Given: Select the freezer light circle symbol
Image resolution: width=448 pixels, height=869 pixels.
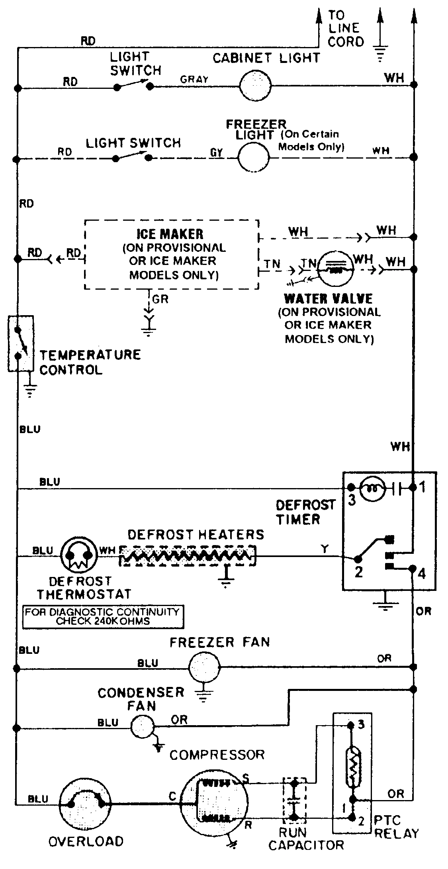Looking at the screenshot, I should (x=254, y=157).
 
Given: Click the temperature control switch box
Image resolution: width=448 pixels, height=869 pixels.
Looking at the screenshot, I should (x=20, y=343).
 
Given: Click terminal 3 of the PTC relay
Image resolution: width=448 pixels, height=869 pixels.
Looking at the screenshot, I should (x=351, y=725).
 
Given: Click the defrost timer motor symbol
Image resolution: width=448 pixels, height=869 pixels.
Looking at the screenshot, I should (x=372, y=487).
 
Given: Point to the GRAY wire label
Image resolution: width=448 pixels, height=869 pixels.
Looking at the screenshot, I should (x=194, y=79).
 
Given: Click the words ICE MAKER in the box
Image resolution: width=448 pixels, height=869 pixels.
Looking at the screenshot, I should (x=170, y=234).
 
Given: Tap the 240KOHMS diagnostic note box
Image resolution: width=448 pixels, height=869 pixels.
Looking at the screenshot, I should (x=103, y=616).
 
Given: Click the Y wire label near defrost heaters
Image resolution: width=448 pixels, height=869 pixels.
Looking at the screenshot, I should (x=325, y=549).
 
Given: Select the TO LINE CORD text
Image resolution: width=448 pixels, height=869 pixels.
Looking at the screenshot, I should (x=345, y=29).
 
